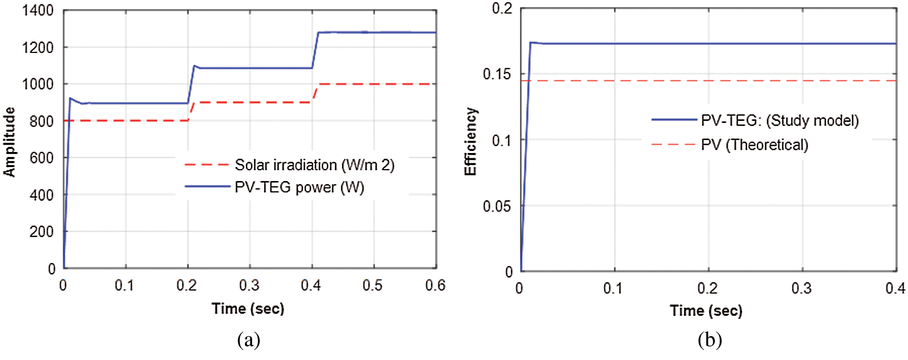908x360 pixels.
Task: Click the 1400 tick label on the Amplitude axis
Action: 38,10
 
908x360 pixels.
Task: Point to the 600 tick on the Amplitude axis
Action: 42,158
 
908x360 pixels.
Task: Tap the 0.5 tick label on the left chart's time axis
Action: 373,285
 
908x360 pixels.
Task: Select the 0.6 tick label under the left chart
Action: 435,285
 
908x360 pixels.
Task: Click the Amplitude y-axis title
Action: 9,142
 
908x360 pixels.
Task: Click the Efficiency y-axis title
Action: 470,142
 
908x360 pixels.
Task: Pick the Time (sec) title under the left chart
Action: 248,309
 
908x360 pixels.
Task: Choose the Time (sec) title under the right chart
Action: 706,311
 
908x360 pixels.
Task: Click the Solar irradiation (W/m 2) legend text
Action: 314,165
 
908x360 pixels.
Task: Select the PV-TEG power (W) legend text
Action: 299,187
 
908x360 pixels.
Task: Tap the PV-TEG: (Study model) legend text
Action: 780,120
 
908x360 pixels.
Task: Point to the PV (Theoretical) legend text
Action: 754,145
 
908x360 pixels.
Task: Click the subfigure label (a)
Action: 249,340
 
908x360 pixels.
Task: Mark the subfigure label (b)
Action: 710,340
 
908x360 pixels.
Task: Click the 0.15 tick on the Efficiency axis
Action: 497,74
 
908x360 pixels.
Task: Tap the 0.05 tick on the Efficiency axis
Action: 497,206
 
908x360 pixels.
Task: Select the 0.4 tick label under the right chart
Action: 895,288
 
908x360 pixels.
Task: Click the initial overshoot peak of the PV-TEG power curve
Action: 70,98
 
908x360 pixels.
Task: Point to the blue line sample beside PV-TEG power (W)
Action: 207,187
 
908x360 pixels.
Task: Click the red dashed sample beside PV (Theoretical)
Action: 673,144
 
